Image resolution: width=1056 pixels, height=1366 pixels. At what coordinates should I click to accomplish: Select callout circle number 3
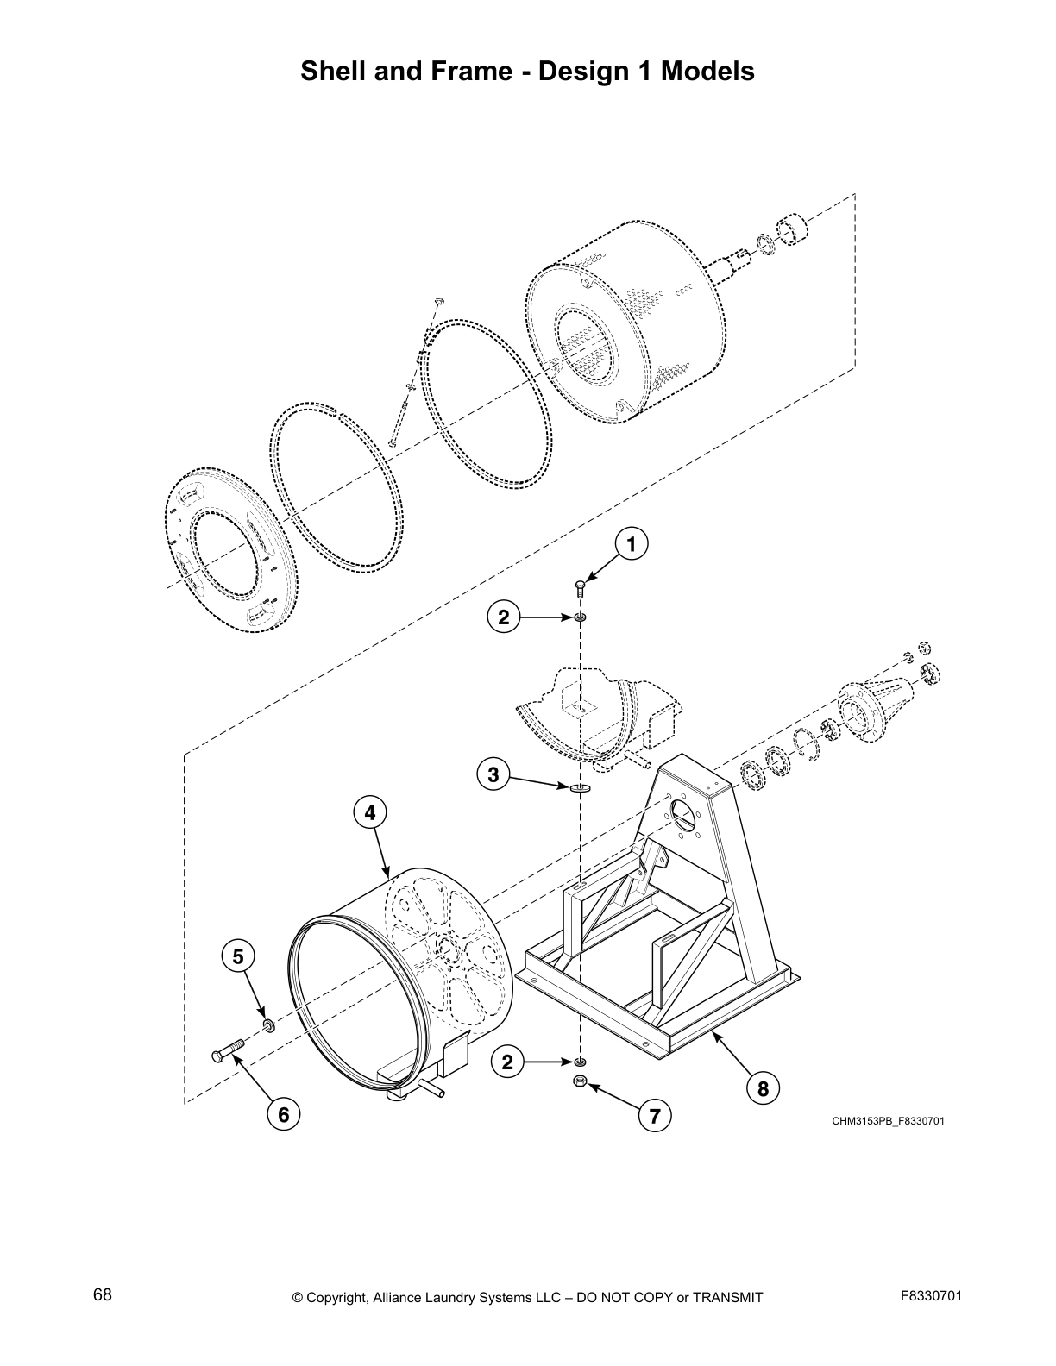pyautogui.click(x=493, y=774)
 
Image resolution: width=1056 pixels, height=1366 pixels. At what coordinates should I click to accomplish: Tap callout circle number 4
pyautogui.click(x=369, y=812)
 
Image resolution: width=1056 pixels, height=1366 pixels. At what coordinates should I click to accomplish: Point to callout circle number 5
pyautogui.click(x=238, y=956)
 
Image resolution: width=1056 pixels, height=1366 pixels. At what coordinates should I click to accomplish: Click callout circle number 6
pyautogui.click(x=282, y=1115)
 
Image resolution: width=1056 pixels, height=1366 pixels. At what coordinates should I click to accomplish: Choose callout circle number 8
pyautogui.click(x=763, y=1088)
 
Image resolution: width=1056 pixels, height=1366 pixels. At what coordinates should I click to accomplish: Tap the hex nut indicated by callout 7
pyautogui.click(x=580, y=1081)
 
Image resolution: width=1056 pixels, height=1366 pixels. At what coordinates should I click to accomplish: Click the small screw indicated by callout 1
pyautogui.click(x=579, y=588)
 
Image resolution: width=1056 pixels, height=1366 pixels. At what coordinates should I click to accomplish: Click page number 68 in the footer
pyautogui.click(x=103, y=1295)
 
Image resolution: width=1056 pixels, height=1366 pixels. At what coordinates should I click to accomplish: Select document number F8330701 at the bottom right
pyautogui.click(x=930, y=1295)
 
